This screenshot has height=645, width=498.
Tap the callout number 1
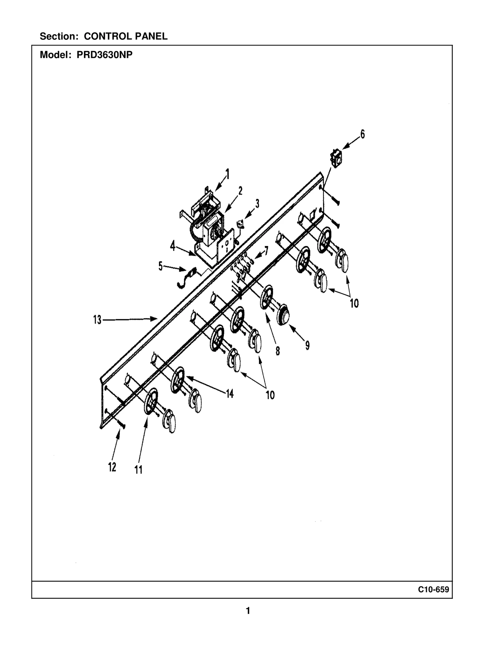pos(228,174)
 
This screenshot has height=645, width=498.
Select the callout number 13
pos(97,320)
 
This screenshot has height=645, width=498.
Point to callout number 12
pos(112,467)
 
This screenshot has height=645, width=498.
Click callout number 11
pos(139,470)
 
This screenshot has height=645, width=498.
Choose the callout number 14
pos(230,394)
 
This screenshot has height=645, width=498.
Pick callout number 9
pos(307,345)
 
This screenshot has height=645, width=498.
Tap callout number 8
pos(278,351)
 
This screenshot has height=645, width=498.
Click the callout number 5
pos(160,266)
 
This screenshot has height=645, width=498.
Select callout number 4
pos(172,247)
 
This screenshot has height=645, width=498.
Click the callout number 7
pos(266,250)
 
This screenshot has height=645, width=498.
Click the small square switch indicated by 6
pos(336,159)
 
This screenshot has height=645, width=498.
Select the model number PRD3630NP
pos(105,55)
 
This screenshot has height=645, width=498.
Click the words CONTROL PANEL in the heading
pos(126,36)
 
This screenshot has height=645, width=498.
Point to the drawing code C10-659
pos(433,590)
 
